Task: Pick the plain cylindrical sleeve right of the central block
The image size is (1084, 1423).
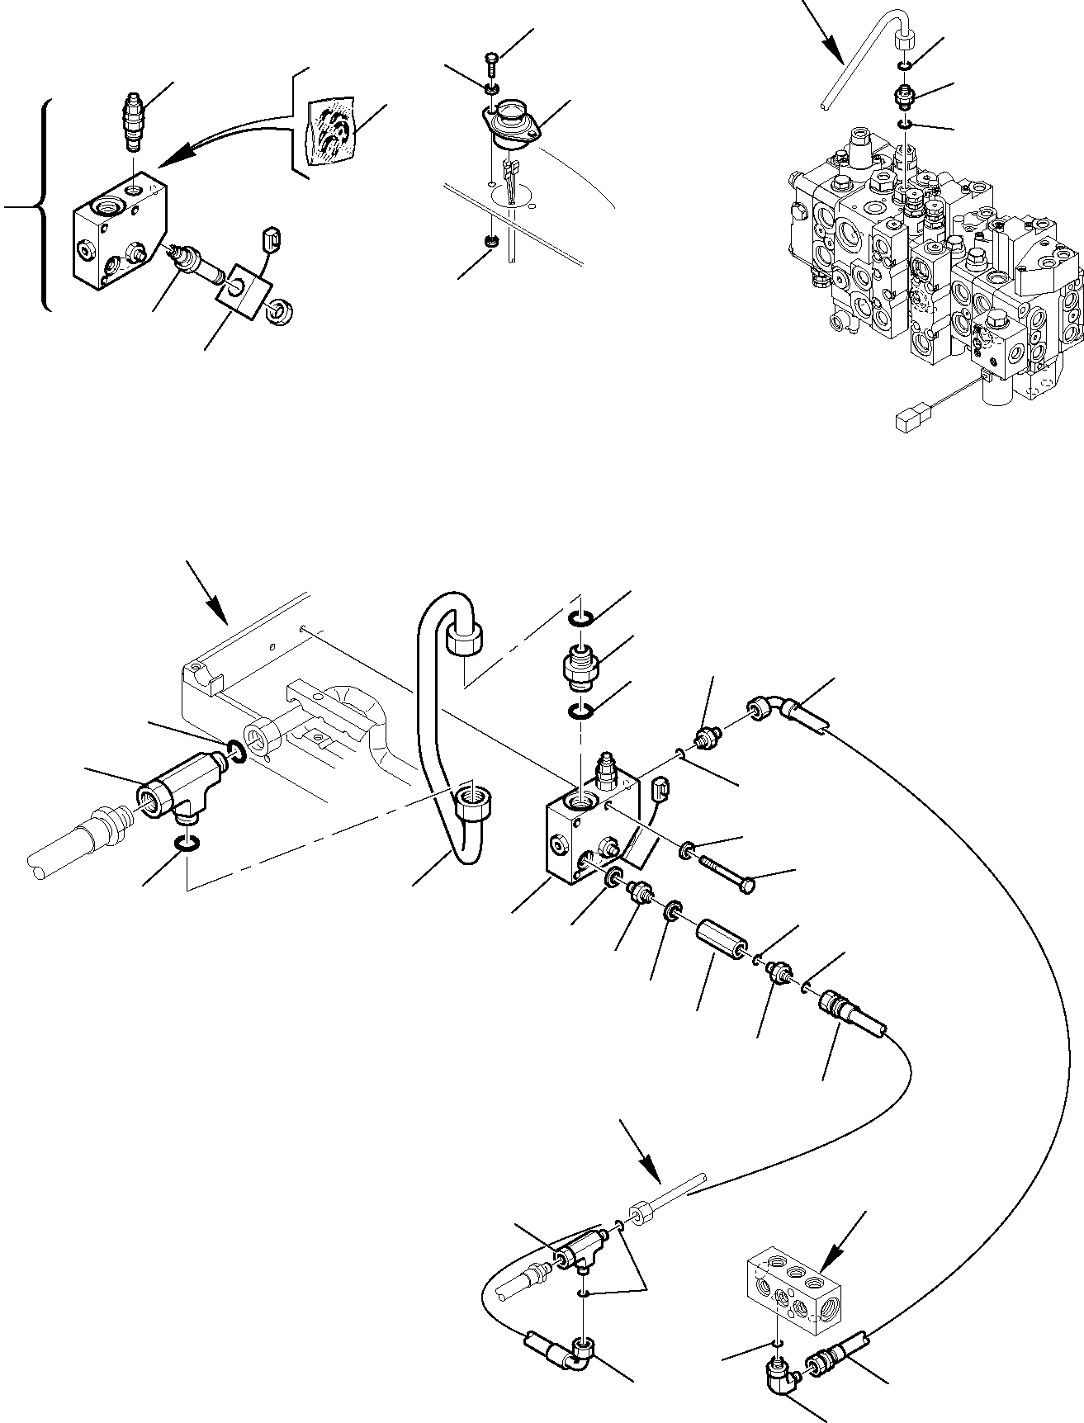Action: pyautogui.click(x=722, y=936)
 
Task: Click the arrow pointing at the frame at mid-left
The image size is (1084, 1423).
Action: pyautogui.click(x=208, y=593)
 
